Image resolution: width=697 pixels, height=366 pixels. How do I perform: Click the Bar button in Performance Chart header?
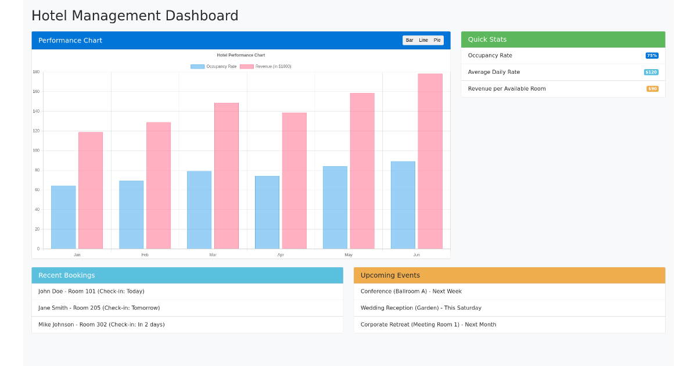coord(409,40)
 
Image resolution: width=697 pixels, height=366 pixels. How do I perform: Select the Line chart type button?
coord(423,40)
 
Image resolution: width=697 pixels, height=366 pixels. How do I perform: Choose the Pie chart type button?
coord(437,40)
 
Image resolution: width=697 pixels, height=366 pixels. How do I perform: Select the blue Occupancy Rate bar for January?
coord(63,217)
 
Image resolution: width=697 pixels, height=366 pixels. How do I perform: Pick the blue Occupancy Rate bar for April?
coord(267,212)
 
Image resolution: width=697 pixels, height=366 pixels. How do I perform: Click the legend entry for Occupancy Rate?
coord(214,66)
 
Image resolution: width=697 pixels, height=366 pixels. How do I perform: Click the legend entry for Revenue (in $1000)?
coord(265,66)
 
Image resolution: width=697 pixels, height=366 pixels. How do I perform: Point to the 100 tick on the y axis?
coord(36,150)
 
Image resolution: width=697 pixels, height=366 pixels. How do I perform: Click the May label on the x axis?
coord(348,254)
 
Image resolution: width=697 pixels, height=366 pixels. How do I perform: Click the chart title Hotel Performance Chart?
coord(241,55)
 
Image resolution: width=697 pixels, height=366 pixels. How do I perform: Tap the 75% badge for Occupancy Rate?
coord(652,56)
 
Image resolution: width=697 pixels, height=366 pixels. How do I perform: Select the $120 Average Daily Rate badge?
coord(651,72)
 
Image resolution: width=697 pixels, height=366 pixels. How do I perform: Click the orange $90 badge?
coord(652,89)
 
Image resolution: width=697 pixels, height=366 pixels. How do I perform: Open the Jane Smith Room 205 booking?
coord(99,308)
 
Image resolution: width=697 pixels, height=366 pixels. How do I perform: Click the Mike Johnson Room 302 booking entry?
coord(102,325)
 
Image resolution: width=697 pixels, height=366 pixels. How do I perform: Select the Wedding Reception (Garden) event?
coord(421,308)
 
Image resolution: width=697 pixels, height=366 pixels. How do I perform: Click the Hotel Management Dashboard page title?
coord(135,16)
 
